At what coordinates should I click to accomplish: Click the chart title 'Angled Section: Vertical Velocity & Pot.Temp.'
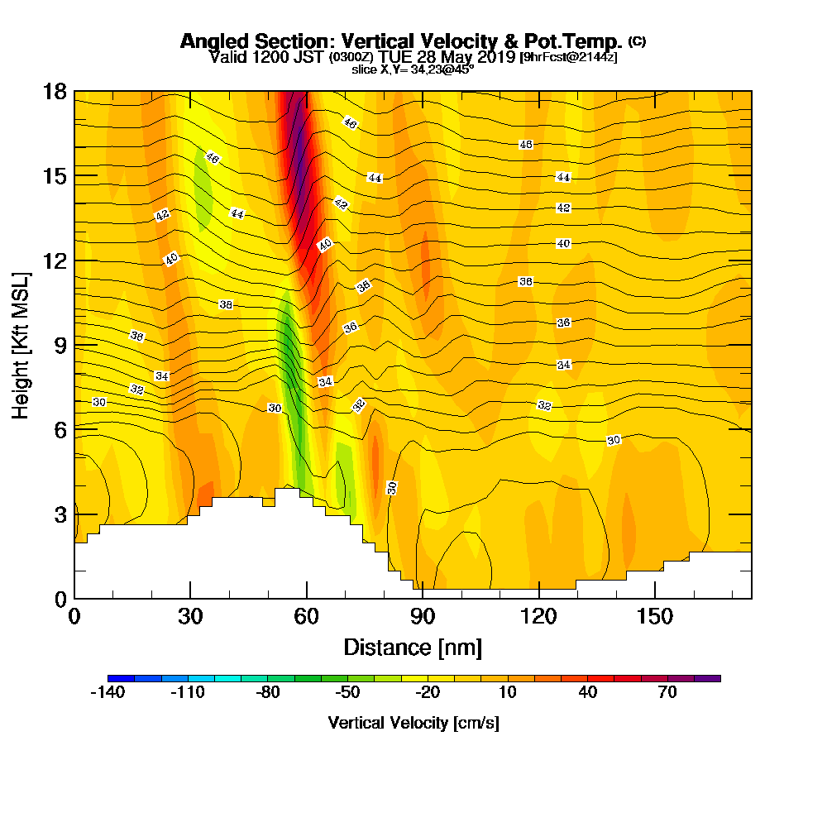coord(401,41)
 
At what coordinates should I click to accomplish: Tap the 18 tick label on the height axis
coord(55,91)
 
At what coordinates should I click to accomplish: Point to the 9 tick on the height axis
coord(55,345)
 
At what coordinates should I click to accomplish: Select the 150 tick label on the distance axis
coord(654,616)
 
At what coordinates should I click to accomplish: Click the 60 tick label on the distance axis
coord(307,616)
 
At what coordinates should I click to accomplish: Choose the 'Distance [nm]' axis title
coord(413,647)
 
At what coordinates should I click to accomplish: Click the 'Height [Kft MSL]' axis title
coord(21,345)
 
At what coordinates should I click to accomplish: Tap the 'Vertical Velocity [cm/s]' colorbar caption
coord(413,723)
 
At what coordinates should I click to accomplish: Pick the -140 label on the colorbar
coord(107,693)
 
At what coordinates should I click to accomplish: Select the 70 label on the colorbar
coord(667,693)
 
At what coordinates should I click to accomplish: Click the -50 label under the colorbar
coord(347,693)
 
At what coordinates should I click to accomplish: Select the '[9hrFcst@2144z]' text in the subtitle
coord(568,58)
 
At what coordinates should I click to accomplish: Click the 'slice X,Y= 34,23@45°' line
coord(413,70)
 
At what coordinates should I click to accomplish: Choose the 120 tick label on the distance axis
coord(538,616)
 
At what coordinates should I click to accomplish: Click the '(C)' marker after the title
coord(638,41)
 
